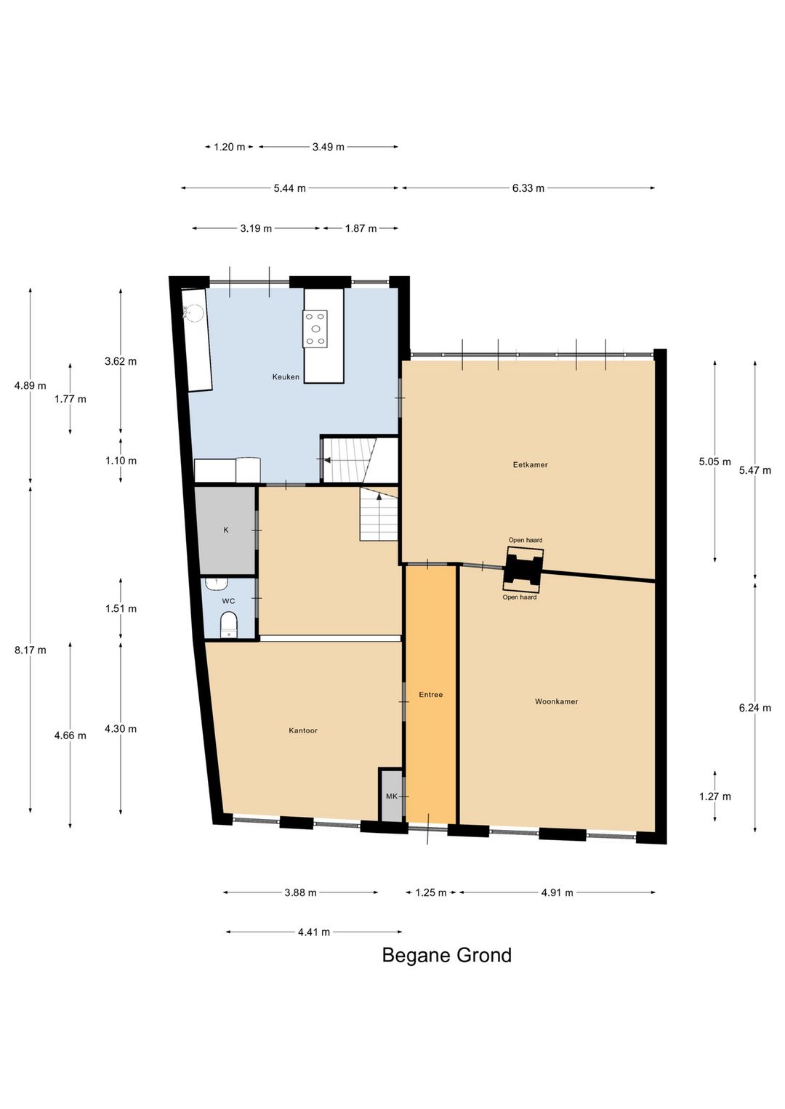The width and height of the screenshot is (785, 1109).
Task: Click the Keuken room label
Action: tap(286, 376)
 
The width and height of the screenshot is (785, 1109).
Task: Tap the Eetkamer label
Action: tap(531, 465)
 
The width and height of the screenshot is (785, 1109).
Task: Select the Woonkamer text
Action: tap(557, 701)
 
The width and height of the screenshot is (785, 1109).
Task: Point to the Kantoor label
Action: tap(303, 730)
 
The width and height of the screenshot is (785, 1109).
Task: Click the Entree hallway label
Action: tap(431, 695)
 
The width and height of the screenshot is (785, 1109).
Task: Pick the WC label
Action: tap(228, 601)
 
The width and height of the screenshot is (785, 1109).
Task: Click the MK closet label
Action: tap(392, 796)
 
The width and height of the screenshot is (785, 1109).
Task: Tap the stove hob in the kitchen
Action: tap(315, 328)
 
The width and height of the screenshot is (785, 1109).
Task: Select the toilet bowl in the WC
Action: tap(228, 624)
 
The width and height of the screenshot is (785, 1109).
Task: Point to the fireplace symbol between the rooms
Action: tap(523, 569)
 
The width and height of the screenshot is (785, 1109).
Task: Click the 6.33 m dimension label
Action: tap(528, 188)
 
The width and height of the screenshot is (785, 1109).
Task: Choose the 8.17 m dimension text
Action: tap(31, 650)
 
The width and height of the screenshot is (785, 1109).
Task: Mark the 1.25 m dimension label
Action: tap(431, 892)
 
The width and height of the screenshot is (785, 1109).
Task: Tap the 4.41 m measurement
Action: tap(314, 932)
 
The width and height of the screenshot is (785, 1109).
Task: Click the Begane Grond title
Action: tap(447, 955)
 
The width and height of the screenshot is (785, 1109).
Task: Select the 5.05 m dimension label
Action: tap(714, 462)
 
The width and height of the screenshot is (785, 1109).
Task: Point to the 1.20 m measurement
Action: tap(229, 147)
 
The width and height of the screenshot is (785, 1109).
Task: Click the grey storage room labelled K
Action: tap(226, 531)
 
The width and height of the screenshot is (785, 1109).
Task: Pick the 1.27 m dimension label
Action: tap(714, 797)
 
